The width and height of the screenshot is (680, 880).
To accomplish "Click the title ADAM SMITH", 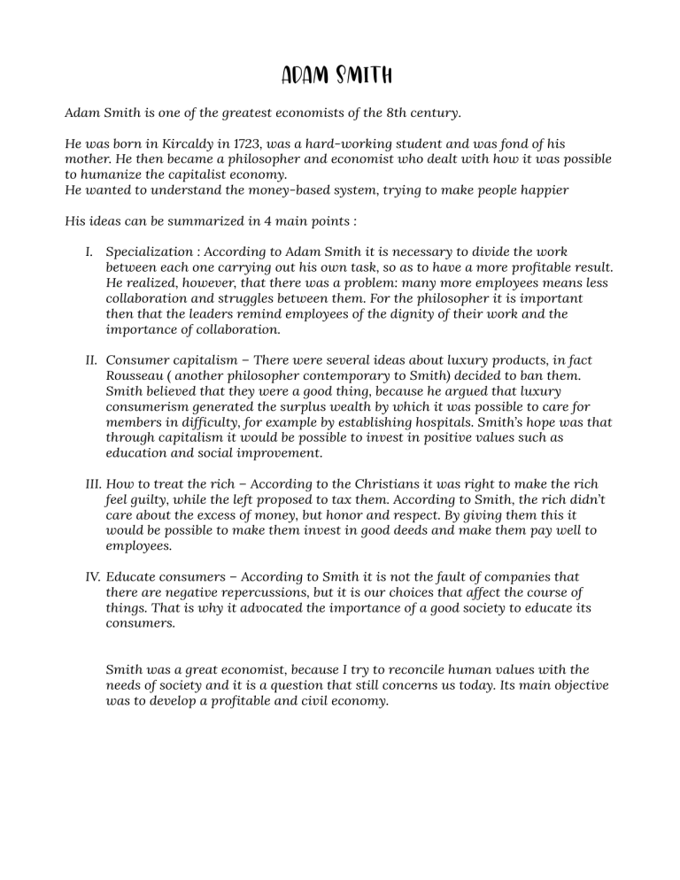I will coord(339,73).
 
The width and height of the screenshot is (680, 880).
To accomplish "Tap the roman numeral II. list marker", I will coord(89,360).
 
